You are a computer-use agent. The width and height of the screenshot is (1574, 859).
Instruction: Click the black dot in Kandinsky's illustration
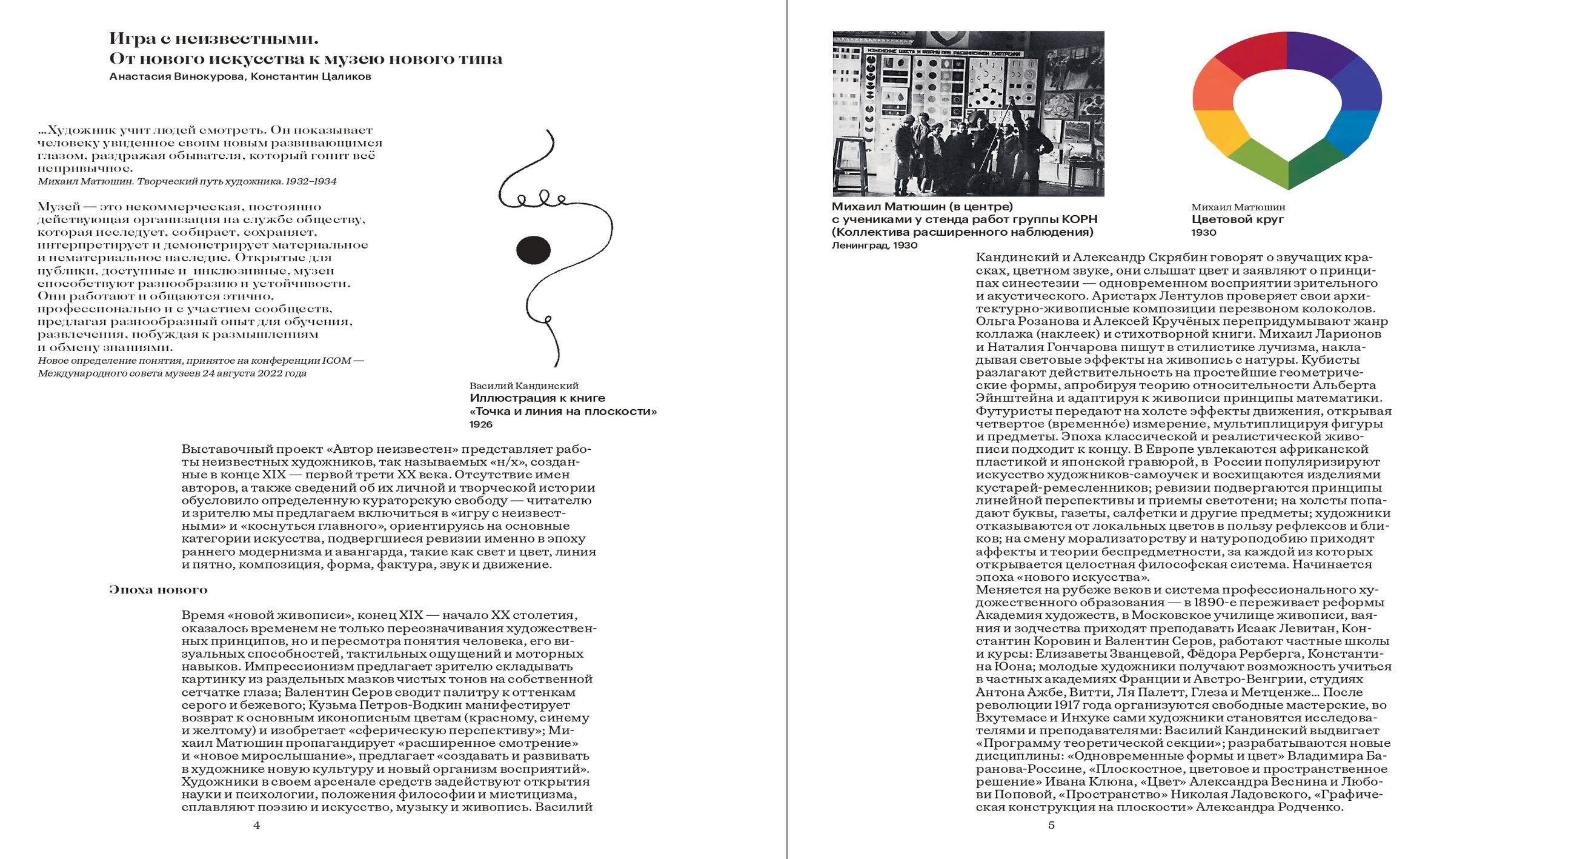[533, 249]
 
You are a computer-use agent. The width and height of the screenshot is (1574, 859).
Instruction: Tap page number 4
[257, 826]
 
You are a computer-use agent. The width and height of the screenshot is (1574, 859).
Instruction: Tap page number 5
[1052, 826]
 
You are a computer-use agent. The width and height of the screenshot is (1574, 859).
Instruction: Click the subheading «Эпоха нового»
[158, 590]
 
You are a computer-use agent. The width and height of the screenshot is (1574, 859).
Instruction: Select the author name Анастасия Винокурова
[177, 76]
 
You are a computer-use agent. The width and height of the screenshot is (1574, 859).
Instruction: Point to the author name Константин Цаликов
[311, 76]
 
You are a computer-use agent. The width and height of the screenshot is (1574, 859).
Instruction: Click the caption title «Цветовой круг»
[1237, 219]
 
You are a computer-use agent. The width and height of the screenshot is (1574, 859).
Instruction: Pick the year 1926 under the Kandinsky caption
[481, 424]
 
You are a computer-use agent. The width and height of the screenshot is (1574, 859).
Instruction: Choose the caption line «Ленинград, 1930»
[874, 245]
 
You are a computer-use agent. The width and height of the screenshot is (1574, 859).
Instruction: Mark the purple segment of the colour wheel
[1317, 55]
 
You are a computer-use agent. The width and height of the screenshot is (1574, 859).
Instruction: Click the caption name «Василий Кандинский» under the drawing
[523, 386]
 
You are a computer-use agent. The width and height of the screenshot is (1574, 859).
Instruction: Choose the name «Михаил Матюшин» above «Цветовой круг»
[1238, 207]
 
